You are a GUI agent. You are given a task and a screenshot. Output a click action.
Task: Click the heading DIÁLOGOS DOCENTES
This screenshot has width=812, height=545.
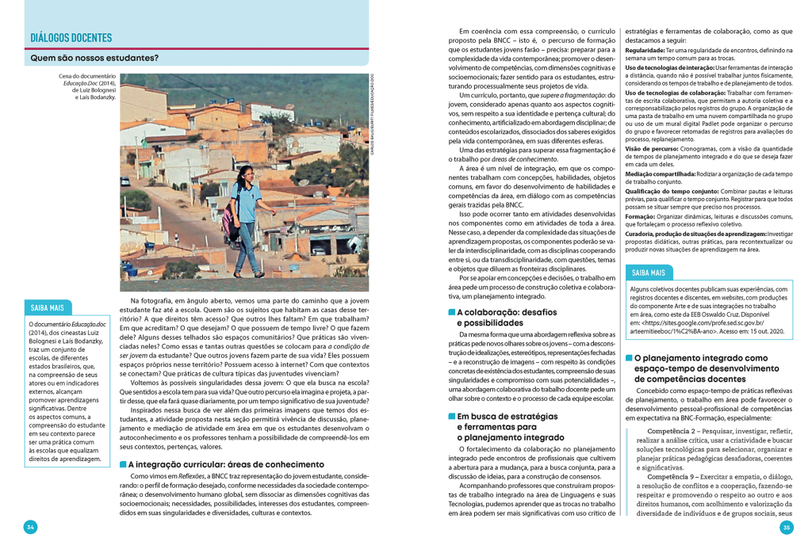coord(71,37)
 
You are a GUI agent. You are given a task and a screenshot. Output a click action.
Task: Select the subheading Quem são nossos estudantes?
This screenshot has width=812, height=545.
coord(94,58)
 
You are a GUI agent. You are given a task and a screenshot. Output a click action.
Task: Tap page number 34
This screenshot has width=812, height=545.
coord(30,527)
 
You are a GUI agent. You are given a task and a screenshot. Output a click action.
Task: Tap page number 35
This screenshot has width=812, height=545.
coord(787,527)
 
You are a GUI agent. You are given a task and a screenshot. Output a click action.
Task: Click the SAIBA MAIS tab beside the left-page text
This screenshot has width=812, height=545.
coord(48,307)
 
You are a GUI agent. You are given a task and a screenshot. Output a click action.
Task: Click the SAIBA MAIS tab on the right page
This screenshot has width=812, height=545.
coord(648,272)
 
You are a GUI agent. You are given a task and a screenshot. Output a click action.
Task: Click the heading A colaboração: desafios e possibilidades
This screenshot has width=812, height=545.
coord(507,318)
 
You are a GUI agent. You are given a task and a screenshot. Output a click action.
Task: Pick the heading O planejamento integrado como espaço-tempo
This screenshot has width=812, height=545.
coord(699,368)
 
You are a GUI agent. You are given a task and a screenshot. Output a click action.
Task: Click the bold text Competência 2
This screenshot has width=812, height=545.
coord(675,432)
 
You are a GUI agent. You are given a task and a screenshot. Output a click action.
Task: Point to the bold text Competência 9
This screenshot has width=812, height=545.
coord(675,478)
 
